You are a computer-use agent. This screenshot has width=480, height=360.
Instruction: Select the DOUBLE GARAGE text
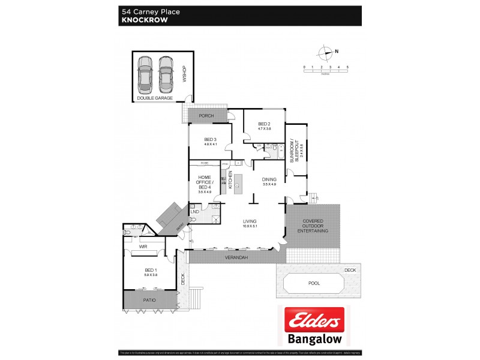[155, 97]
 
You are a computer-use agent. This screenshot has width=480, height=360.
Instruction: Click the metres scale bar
[326, 71]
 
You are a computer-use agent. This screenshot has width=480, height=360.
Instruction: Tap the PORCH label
[206, 116]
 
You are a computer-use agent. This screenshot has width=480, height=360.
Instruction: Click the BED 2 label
[265, 125]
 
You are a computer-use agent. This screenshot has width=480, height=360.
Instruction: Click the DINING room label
[268, 181]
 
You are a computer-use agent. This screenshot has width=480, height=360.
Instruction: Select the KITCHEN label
[230, 180]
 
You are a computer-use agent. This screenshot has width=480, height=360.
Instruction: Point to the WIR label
[143, 247]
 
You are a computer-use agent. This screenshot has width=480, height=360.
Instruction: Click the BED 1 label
[150, 272]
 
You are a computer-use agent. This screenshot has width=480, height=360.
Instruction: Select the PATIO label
[150, 299]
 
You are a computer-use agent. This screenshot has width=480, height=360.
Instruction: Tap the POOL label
[314, 283]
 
